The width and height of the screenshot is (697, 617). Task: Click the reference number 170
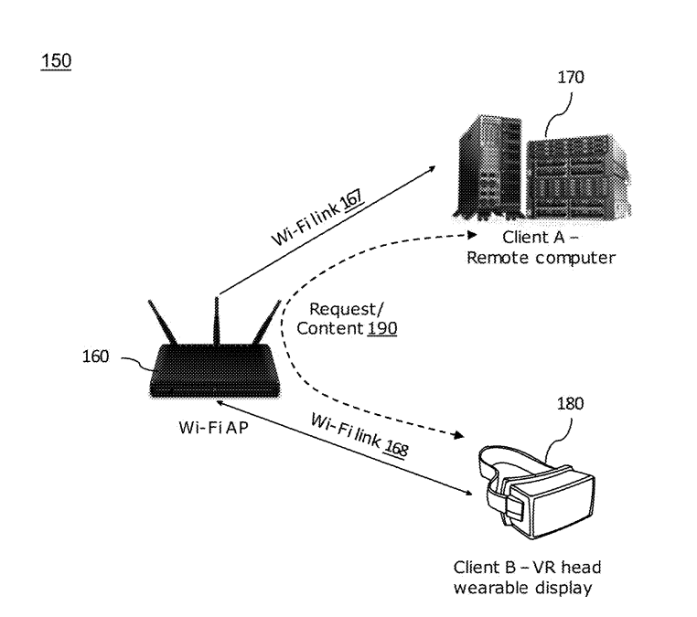569,78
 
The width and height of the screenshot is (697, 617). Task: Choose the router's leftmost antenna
161,328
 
